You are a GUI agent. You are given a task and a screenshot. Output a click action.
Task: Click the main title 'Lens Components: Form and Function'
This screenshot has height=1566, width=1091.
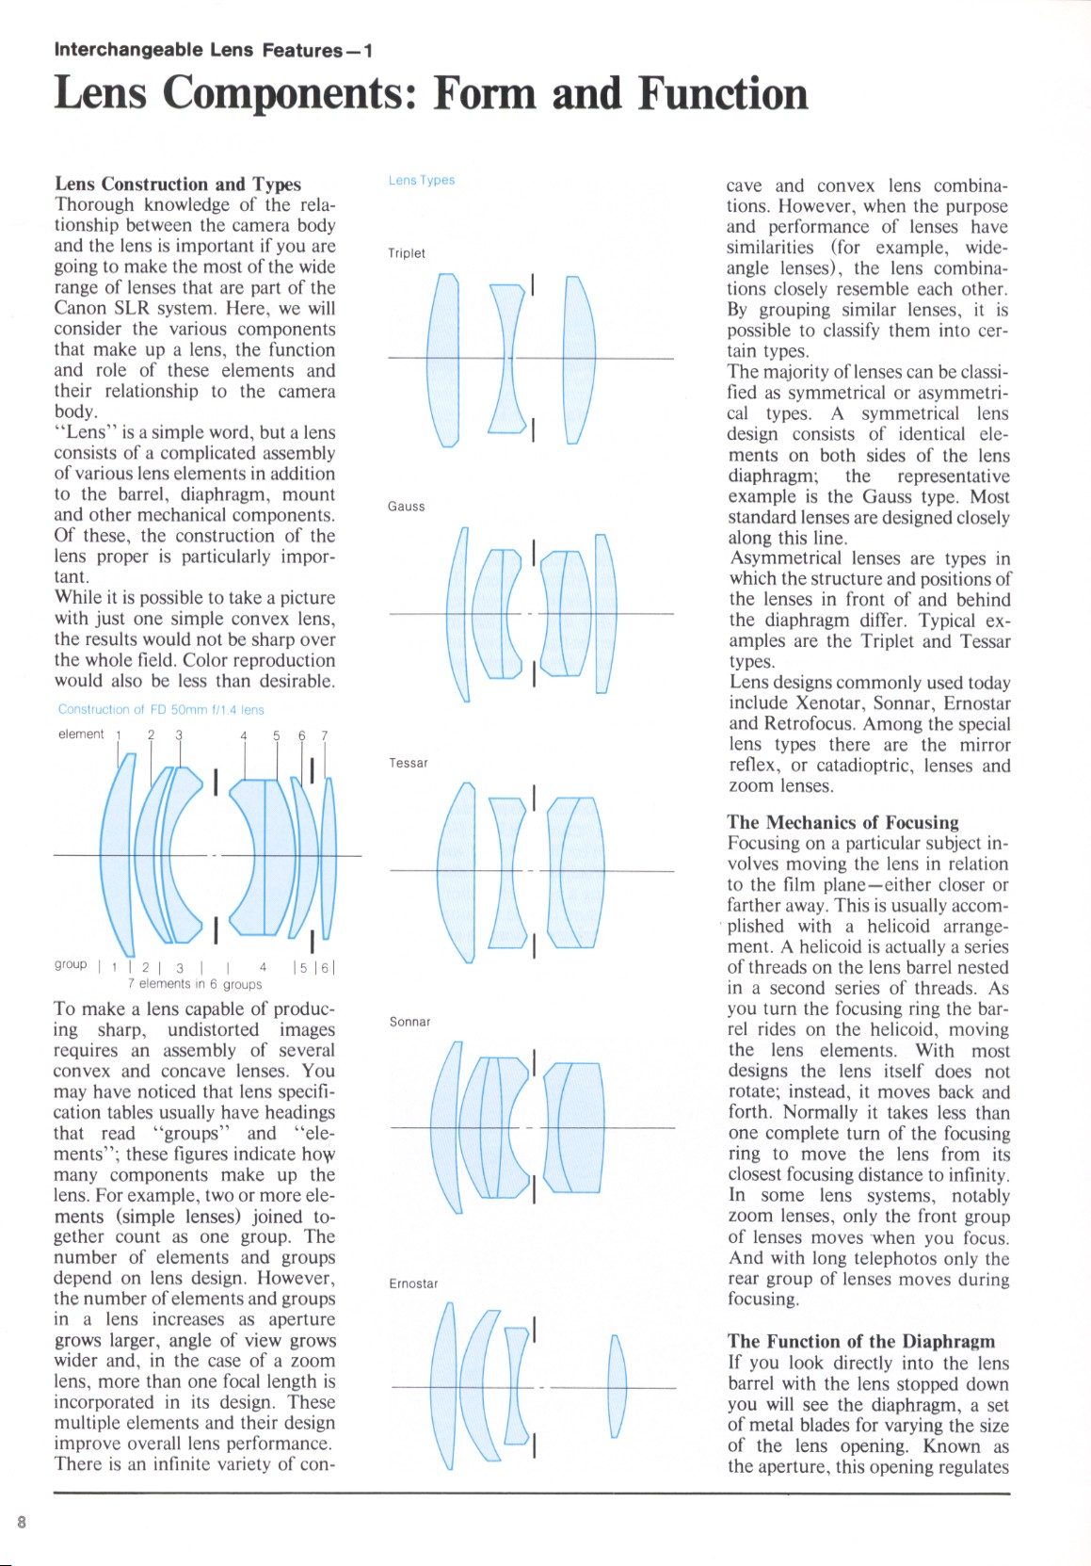point(430,93)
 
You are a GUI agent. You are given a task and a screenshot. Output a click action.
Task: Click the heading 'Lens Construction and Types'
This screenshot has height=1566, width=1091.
point(178,184)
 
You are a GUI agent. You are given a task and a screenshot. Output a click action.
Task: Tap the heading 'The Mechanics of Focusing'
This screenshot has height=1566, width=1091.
point(842,822)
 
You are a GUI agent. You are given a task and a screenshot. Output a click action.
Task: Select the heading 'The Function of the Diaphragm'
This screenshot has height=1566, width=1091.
point(860,1341)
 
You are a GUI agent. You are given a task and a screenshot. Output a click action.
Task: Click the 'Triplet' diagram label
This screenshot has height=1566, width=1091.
point(407,253)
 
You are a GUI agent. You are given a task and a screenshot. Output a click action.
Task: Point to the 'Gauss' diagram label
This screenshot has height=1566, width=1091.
point(407,507)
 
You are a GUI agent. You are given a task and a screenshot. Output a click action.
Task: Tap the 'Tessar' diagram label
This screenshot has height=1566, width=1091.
point(409,763)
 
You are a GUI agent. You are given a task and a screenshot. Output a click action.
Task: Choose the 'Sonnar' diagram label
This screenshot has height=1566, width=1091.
point(409,1022)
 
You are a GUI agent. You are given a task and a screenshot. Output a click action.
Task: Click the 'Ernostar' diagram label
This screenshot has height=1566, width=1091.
point(413,1283)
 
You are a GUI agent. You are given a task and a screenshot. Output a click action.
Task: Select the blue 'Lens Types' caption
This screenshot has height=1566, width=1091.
point(422,180)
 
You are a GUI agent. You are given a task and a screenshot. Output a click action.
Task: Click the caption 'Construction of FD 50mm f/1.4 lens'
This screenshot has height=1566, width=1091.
point(161,709)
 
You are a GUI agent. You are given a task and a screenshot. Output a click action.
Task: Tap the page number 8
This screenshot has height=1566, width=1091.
point(22,1522)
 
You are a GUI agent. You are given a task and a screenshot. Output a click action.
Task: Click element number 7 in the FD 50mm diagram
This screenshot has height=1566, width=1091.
point(325,735)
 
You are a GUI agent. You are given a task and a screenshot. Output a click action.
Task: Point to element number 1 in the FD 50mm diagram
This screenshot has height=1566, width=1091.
point(119,735)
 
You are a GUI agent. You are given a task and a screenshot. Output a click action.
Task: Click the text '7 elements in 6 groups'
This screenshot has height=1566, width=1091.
point(195,984)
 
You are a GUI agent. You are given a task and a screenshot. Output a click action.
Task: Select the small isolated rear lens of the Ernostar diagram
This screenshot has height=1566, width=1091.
point(618,1386)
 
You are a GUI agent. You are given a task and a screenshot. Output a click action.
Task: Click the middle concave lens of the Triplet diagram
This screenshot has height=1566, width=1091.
point(506,358)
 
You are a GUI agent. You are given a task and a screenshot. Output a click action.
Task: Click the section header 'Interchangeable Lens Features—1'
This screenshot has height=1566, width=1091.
point(213,50)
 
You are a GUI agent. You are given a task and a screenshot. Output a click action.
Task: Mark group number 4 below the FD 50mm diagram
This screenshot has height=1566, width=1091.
point(263,966)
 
